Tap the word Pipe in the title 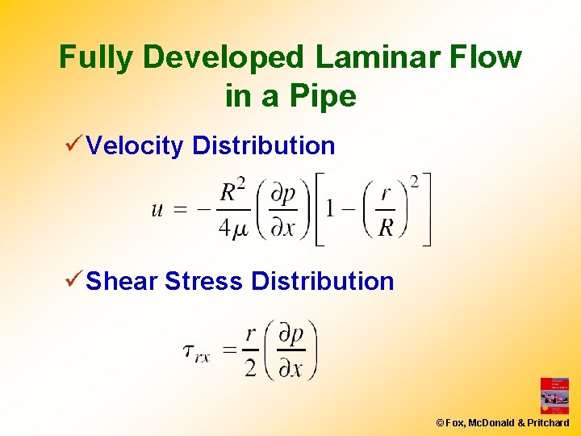(x=324, y=96)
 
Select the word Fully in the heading (x=94, y=58)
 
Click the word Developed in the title (x=224, y=58)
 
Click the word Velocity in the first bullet (x=135, y=145)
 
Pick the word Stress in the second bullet (x=203, y=281)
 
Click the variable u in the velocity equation (x=158, y=210)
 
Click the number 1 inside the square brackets (x=330, y=210)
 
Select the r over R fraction (x=386, y=210)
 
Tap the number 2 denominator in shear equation (x=250, y=368)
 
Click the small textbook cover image (x=554, y=396)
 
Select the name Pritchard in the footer (x=550, y=423)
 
